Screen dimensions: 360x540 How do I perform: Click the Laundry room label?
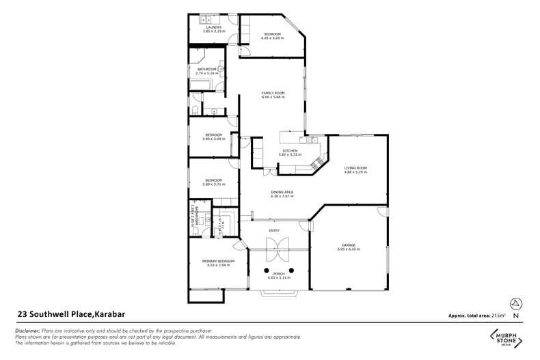click(x=212, y=27)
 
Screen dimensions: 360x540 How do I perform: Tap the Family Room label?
click(x=273, y=93)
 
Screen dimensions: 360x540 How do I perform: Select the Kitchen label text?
click(x=291, y=151)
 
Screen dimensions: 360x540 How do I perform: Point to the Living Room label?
click(x=355, y=168)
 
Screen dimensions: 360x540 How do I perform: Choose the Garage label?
click(x=349, y=245)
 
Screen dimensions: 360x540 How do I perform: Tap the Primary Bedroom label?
click(x=218, y=261)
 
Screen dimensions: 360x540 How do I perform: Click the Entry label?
click(x=274, y=230)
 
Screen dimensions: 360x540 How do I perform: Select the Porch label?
click(x=278, y=273)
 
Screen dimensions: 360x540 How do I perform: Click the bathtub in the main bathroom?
click(x=200, y=85)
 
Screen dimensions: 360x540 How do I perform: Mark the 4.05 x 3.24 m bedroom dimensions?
click(x=272, y=38)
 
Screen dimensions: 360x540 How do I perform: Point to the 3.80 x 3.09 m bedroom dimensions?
click(x=213, y=139)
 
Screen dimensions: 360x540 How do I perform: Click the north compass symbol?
click(x=515, y=303)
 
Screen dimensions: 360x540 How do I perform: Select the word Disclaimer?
click(x=28, y=330)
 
